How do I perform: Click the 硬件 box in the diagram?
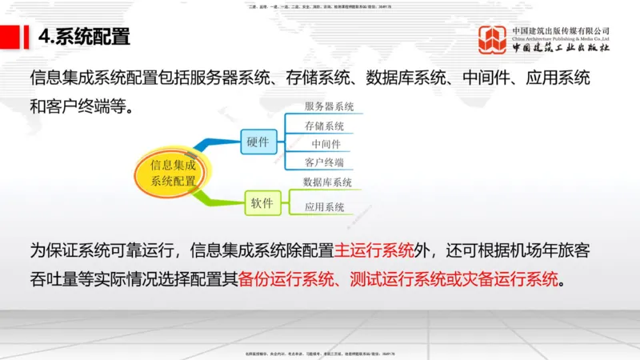point(258,142)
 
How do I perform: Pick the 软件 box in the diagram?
point(262,202)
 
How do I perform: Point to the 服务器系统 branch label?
point(329,106)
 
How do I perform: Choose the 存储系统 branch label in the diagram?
point(324,126)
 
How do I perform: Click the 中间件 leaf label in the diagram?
point(326,144)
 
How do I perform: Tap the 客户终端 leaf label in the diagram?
point(324,162)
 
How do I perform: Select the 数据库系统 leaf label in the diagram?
point(328,182)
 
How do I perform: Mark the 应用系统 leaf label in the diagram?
point(324,207)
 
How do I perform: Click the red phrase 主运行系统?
point(374,250)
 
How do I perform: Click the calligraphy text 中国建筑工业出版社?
point(561,48)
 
